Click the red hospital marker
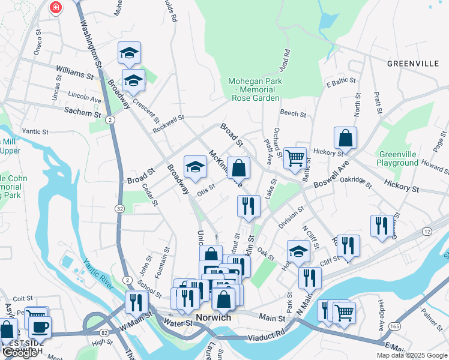[55, 7]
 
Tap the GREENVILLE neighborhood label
[414, 63]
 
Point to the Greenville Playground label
[398, 158]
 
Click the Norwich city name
[213, 317]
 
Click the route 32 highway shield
[120, 209]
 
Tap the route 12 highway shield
[427, 231]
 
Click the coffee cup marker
[40, 326]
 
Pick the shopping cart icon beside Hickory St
[295, 158]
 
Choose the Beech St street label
[293, 113]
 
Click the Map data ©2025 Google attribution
[411, 355]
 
